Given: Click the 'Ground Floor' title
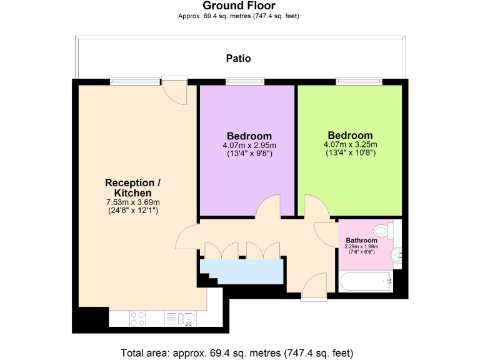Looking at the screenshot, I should [239, 6].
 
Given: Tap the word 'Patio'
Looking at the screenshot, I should [238, 58].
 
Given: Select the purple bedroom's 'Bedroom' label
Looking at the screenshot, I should [249, 136].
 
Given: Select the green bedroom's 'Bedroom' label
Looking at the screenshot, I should [350, 135].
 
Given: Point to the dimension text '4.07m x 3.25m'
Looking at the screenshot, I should [350, 144].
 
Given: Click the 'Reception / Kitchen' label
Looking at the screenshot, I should [132, 188].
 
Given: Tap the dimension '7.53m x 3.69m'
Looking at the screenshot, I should [132, 202].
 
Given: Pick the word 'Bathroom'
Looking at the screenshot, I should [361, 241].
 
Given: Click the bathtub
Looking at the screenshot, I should [366, 282].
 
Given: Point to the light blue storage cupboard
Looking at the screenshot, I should [242, 271].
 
